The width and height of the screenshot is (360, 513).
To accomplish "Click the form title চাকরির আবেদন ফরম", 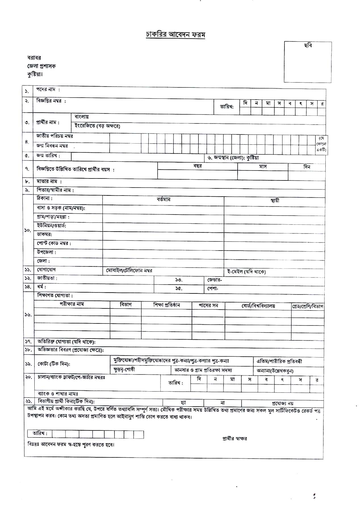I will point(175,35).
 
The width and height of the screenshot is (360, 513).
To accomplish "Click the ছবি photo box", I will point(308,62).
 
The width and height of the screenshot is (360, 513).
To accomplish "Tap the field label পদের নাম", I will point(47,90).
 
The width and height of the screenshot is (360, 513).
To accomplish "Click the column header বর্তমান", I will point(163,199).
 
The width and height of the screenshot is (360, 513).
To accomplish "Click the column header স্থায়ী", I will point(275,200).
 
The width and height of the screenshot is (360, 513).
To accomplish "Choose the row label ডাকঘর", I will point(44,235).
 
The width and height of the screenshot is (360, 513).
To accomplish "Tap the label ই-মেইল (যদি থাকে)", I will point(246,272).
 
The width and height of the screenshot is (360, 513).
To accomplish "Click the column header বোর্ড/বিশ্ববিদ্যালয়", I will point(258,306).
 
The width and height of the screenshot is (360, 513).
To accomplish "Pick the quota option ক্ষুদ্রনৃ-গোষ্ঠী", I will point(124,369).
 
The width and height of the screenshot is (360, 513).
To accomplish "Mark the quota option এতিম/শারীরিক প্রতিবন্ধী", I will point(279,361).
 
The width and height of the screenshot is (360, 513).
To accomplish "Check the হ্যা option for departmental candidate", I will point(183,403).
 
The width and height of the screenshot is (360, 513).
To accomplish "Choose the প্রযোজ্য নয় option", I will point(282,403).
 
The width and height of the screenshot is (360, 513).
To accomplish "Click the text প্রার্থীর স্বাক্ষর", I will point(235,439).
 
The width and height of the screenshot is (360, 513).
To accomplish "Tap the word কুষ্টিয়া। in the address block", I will point(35,75).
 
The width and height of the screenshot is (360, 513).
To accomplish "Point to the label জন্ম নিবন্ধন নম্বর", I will point(52,146).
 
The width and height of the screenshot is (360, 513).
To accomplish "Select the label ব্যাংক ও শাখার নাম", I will point(58,394).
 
